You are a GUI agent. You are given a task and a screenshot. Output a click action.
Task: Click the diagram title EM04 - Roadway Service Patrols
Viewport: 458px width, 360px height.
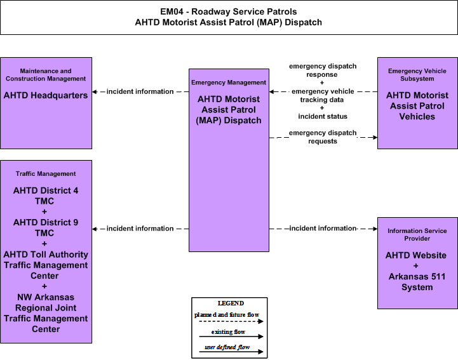coord(229,11)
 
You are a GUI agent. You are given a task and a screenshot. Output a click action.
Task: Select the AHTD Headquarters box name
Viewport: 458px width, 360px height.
coord(46,95)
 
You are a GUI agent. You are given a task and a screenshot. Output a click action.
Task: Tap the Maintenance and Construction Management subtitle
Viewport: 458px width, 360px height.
coord(46,75)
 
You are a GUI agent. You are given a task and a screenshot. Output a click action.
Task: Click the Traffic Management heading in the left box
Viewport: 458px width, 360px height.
coord(46,174)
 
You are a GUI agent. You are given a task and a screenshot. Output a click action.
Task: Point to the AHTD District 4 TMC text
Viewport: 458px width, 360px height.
coord(45,196)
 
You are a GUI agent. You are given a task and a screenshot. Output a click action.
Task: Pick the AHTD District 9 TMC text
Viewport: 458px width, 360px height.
coord(45,228)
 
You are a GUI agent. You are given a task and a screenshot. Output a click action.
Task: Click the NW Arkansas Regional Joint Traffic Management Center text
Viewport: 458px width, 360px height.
coord(46,313)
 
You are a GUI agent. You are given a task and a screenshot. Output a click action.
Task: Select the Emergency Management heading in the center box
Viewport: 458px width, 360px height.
coord(229,83)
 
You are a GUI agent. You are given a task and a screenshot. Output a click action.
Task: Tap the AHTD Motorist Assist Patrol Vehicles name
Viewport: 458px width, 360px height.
coord(417,105)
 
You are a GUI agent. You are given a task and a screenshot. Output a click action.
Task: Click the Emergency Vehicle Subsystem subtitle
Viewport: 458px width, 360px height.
coord(417,75)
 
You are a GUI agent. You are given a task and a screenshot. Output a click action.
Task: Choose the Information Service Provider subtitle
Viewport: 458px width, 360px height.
coord(417,234)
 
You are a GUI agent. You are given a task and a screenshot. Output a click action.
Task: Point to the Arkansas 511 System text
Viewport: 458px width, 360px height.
coord(417,282)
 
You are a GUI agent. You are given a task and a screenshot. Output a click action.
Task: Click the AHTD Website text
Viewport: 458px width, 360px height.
coord(416,255)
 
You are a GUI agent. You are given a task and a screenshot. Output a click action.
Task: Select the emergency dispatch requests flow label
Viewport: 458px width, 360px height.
coord(323,137)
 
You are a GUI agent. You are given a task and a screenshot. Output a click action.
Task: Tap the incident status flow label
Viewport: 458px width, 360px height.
coord(323,116)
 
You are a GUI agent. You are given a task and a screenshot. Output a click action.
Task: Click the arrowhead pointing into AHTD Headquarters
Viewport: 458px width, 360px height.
coord(95,91)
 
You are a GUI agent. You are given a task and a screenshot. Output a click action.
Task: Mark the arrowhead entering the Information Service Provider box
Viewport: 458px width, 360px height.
coord(375,229)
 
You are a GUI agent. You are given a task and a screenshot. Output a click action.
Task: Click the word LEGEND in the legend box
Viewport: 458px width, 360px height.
coord(231,303)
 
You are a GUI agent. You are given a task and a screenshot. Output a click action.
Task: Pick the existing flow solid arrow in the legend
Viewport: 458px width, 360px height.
coord(231,337)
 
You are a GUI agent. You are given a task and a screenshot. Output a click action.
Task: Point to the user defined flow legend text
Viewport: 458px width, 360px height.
coord(227,347)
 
